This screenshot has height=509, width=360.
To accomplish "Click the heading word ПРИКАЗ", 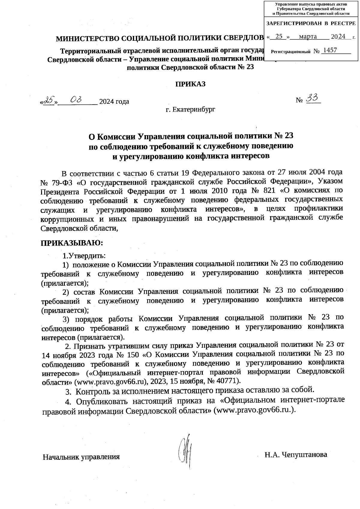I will pos(190,84).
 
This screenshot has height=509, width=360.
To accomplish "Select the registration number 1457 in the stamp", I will pos(330,50).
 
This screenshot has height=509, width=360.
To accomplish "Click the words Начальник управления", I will pos(81,457).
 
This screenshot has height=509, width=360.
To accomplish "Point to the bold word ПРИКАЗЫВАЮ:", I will pos(72,242).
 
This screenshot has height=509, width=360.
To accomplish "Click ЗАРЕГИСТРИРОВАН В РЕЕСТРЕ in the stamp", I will pos(311,23).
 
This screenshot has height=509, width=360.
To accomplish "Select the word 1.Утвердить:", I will pos(84,256).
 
